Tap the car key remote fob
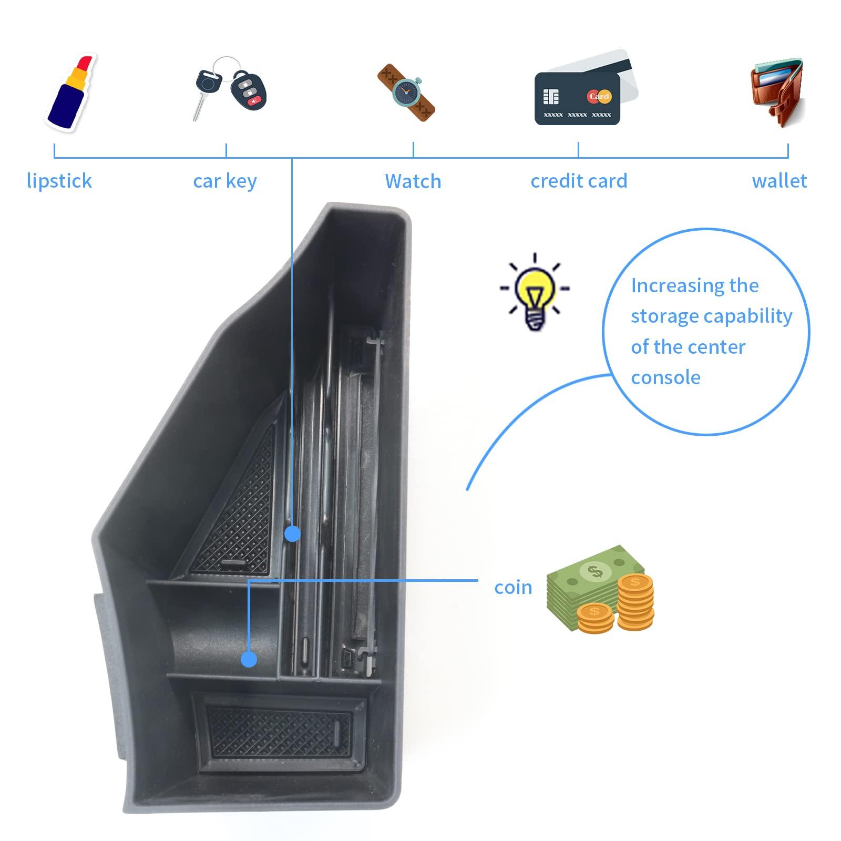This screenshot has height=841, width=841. (x=249, y=88)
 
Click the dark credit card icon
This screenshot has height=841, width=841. (x=577, y=99)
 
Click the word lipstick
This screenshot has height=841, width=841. (x=59, y=181)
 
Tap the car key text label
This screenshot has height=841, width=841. (x=225, y=181)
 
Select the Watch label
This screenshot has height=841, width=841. (x=413, y=181)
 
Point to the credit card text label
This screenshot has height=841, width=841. (x=579, y=181)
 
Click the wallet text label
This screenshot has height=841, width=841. (x=779, y=181)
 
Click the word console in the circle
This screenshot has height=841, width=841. (x=665, y=377)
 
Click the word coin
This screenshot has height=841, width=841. (x=513, y=587)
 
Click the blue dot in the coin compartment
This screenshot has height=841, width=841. (x=249, y=659)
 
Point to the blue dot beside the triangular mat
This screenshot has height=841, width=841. (x=292, y=534)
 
